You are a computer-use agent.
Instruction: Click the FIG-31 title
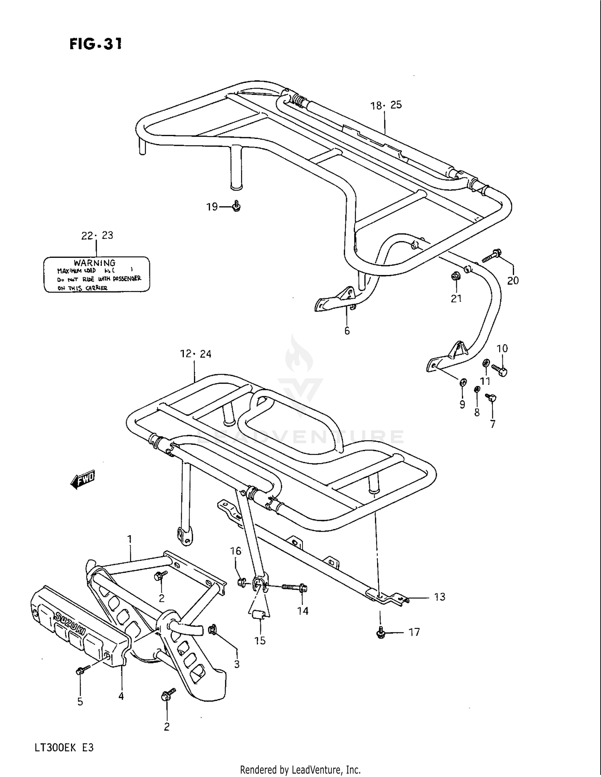[95, 44]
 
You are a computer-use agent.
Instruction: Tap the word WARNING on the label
[95, 263]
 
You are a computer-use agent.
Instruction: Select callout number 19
[212, 207]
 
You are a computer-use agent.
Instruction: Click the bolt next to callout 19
[236, 206]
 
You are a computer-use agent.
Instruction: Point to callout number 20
[513, 281]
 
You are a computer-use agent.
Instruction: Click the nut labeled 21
[455, 276]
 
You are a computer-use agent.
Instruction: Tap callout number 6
[347, 331]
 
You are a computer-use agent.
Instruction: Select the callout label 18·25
[385, 105]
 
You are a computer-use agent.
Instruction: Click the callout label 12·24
[196, 354]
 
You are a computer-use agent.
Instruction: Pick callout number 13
[440, 597]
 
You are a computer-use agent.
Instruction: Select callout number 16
[236, 551]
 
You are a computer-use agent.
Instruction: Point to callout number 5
[80, 701]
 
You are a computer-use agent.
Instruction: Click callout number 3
[237, 664]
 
